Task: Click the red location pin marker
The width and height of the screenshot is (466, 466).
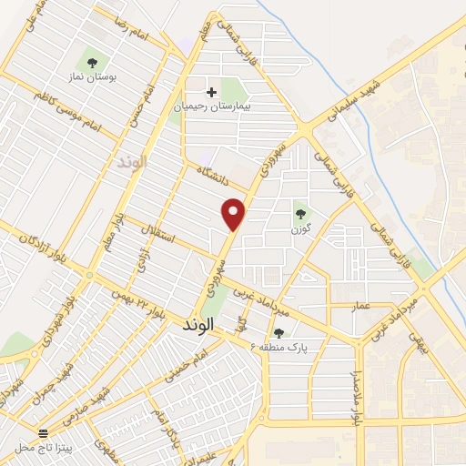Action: coord(235,214)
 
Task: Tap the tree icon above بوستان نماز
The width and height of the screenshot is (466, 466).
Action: coord(92,62)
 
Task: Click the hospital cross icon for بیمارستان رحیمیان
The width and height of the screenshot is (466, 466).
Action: coord(211,92)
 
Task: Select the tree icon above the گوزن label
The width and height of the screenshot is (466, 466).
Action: coord(300,214)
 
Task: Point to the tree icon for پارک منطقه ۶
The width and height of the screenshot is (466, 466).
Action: coord(279,332)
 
